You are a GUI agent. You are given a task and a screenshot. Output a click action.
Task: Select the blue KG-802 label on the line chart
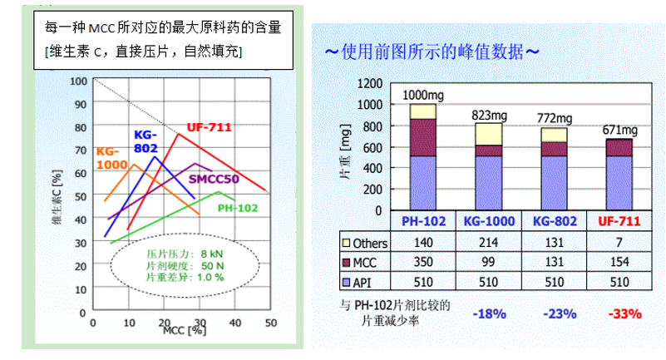click(x=145, y=140)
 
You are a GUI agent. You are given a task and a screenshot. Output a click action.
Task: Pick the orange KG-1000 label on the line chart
click(x=111, y=157)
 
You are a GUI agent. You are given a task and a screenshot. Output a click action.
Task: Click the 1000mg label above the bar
click(x=423, y=95)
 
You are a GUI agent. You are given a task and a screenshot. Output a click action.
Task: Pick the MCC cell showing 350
click(x=424, y=262)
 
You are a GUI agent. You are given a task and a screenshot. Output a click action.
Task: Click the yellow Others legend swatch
click(x=347, y=244)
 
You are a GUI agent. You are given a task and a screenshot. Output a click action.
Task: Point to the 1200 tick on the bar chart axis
click(x=371, y=84)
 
